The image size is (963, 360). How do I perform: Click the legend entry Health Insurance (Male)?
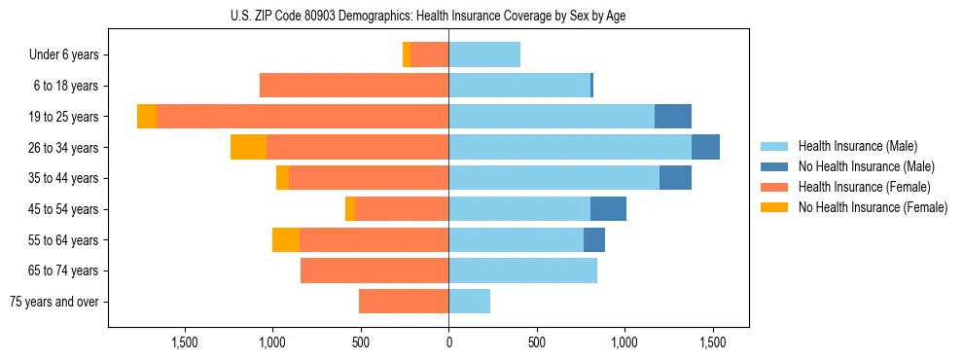(857, 146)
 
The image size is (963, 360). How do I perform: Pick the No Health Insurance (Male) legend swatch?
(774, 166)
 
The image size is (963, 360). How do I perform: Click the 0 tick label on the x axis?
(448, 342)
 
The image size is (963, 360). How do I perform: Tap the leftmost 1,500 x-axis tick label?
(185, 342)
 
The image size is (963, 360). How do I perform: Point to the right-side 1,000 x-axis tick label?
(624, 342)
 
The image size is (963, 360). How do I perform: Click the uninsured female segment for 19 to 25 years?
(147, 117)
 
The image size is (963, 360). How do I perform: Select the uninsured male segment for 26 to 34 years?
(705, 147)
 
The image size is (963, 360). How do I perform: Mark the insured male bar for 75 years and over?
(469, 302)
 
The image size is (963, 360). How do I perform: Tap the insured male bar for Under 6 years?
(484, 54)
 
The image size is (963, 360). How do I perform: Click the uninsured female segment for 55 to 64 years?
(286, 239)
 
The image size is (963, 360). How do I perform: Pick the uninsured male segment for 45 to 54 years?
(608, 209)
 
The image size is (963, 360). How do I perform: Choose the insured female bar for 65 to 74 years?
(374, 270)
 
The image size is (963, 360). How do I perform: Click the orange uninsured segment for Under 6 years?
(407, 54)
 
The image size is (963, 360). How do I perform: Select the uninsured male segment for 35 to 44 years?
(675, 178)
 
